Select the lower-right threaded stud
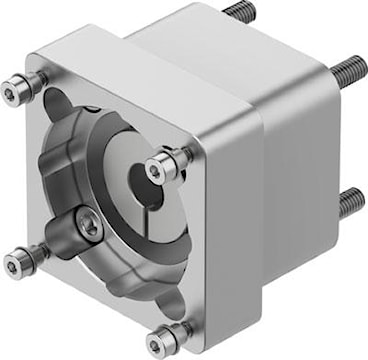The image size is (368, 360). point(349,203)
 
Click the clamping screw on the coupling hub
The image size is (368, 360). point(89,229)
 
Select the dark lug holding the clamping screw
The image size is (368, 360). point(76,240)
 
